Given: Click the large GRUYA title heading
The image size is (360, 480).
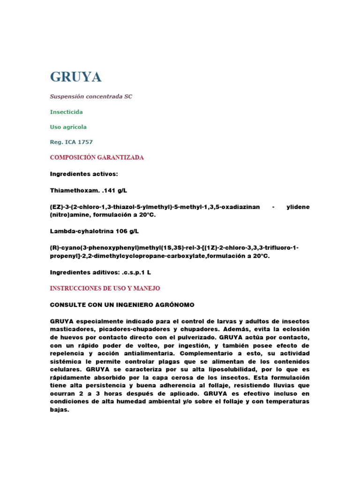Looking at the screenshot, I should click(x=75, y=77).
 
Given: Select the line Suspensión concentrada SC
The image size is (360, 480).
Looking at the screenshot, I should click(x=91, y=97).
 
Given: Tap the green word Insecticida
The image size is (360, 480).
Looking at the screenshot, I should click(x=66, y=112).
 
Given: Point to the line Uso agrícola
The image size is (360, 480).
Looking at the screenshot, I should click(x=68, y=127).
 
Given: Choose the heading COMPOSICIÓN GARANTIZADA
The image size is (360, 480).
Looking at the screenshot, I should click(x=97, y=157).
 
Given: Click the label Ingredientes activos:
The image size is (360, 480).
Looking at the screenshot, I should click(x=84, y=174).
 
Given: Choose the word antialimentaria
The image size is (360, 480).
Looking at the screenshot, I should click(x=140, y=353).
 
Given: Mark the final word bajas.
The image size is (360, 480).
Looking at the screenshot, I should click(x=60, y=409).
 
